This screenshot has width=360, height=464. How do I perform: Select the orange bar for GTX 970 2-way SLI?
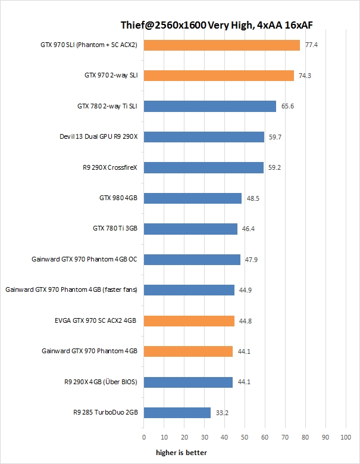coord(219,76)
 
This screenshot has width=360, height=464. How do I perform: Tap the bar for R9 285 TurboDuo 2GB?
coord(177,413)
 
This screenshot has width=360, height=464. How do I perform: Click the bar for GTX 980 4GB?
coord(193,198)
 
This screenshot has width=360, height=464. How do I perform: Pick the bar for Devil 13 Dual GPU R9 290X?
coord(204,137)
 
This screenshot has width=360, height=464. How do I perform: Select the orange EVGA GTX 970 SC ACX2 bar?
coord(189,321)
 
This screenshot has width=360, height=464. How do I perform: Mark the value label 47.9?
coord(252,260)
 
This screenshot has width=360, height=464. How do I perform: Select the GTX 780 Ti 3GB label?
coord(115,229)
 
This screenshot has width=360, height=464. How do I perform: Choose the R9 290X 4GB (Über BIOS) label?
coord(101,382)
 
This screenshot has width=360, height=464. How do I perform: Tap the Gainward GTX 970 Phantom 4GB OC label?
coord(84,260)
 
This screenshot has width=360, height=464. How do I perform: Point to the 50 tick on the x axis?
coord(245,437)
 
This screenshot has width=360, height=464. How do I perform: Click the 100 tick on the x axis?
coord(345,437)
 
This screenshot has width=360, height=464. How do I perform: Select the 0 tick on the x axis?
coord(144,437)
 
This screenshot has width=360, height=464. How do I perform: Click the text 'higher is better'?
coord(181,453)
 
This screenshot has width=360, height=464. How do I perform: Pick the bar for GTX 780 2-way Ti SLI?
coord(210,107)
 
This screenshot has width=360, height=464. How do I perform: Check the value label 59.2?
coord(275,168)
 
